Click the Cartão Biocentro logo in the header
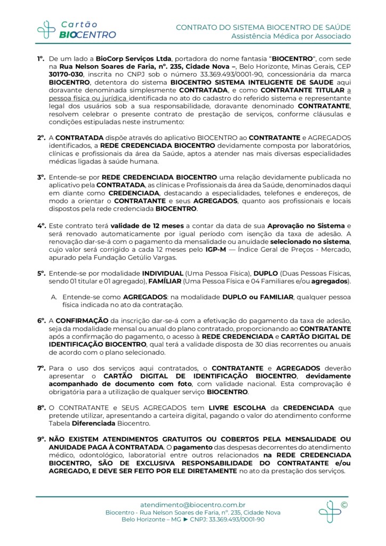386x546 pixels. pyautogui.click(x=76, y=29)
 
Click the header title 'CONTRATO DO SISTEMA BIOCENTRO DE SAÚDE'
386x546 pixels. pyautogui.click(x=263, y=27)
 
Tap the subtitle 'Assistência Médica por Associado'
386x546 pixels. pyautogui.click(x=291, y=36)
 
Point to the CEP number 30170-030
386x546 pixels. pyautogui.click(x=63, y=75)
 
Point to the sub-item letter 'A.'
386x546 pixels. pyautogui.click(x=54, y=296)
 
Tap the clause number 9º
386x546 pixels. pyautogui.click(x=41, y=439)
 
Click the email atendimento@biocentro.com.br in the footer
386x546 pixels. pyautogui.click(x=192, y=504)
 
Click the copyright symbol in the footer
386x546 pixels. pyautogui.click(x=343, y=504)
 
